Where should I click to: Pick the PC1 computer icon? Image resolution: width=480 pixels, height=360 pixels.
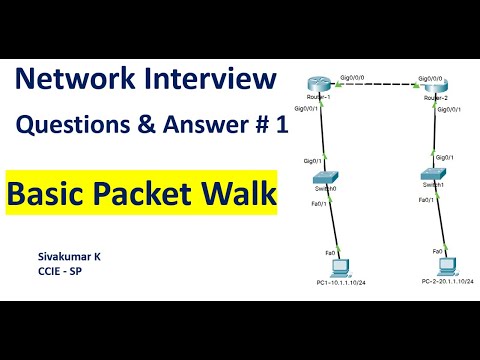pos(342,267)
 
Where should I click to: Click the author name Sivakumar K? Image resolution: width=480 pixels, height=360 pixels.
pos(69,256)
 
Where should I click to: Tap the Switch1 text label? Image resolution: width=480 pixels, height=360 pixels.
pos(431,186)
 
